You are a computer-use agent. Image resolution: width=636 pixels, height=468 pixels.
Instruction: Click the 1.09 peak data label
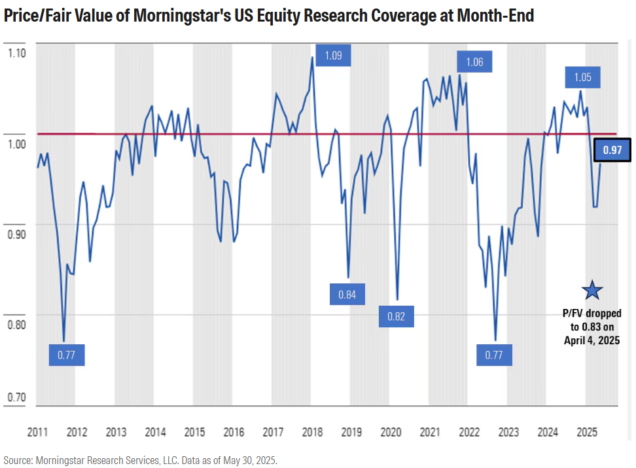point(333,55)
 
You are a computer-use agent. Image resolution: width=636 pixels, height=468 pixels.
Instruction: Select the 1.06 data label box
point(474,62)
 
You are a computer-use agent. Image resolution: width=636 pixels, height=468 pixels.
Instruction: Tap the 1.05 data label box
point(582,77)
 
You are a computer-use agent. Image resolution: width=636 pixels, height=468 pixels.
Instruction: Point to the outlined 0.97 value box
point(612,151)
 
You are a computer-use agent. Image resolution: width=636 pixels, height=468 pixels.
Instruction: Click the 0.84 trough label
point(347,295)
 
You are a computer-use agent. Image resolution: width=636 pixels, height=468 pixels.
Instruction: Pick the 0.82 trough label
point(396,317)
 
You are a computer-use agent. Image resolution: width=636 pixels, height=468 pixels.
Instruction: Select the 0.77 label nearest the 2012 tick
point(67,355)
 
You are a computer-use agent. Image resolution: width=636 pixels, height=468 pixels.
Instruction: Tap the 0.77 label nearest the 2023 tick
point(494,355)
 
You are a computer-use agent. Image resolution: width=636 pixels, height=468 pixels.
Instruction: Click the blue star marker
point(592,289)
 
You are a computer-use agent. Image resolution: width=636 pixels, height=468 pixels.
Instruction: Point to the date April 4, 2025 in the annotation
point(592,340)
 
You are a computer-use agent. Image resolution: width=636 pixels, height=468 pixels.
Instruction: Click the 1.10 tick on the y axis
point(16,52)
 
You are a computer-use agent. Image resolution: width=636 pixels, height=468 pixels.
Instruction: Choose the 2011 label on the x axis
point(38,433)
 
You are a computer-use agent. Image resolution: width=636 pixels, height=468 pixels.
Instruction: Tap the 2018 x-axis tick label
point(312,433)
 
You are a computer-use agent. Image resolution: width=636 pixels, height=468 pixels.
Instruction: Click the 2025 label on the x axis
point(587,433)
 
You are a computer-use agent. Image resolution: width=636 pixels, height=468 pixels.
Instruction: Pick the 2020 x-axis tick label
point(391,433)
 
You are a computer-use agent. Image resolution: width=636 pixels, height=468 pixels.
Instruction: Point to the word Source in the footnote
point(19,460)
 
